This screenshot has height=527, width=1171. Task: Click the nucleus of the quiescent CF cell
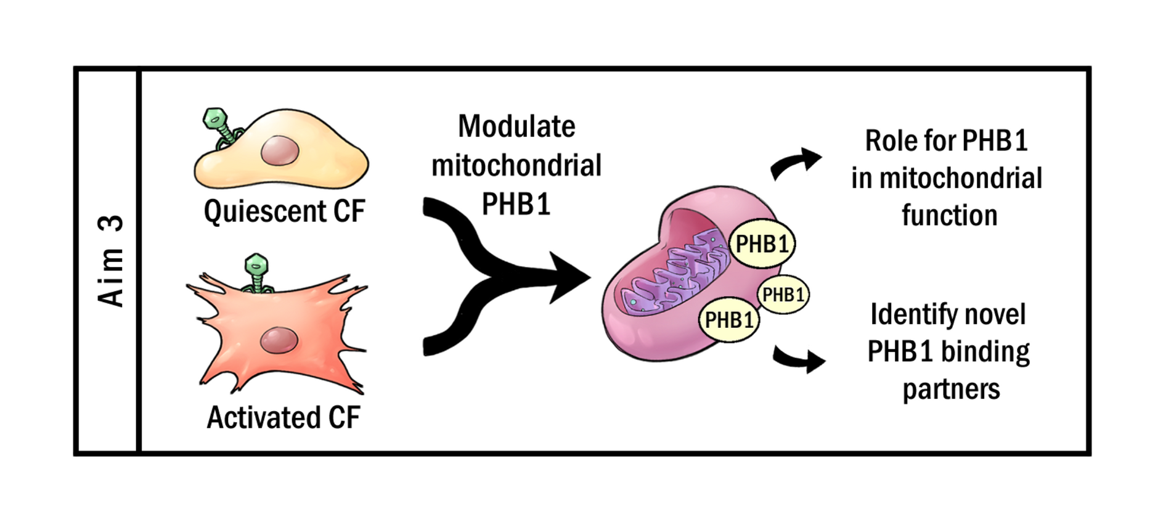tap(280, 151)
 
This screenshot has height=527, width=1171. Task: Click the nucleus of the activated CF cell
tap(279, 340)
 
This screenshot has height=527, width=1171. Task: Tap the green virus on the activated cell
tap(256, 272)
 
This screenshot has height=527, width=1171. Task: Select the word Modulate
tap(516, 127)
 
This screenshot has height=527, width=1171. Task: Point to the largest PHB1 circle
tap(762, 244)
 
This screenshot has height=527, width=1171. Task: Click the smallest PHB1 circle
tap(783, 295)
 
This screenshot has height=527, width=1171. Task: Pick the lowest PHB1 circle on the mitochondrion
tap(728, 320)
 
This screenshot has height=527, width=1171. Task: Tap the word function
tap(949, 216)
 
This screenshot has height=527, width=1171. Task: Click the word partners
tap(951, 390)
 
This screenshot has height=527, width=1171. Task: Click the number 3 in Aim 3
tap(111, 223)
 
